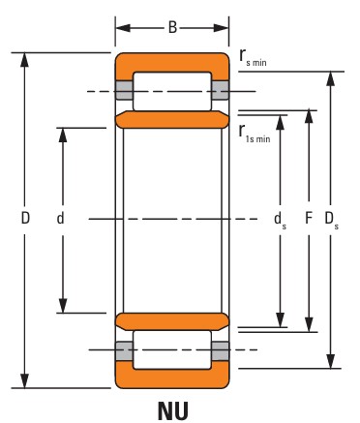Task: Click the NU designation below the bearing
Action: click(172, 410)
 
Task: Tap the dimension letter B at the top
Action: click(172, 28)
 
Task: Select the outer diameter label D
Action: click(25, 218)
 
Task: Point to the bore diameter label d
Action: click(60, 218)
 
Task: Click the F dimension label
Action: click(309, 218)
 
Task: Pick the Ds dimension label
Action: click(331, 220)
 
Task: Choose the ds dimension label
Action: click(280, 220)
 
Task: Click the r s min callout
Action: click(253, 57)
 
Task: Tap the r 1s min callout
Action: click(255, 134)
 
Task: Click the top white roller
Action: click(172, 91)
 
